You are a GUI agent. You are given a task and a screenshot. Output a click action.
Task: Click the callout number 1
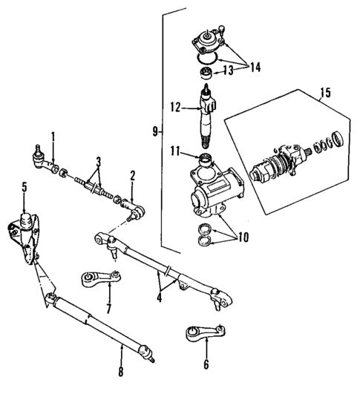click(53, 136)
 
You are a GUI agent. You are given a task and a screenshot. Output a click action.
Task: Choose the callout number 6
click(206, 365)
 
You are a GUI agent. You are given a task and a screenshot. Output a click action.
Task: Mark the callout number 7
click(109, 307)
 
